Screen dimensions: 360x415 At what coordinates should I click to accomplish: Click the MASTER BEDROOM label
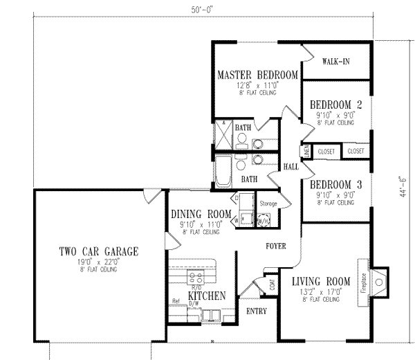(x=257, y=75)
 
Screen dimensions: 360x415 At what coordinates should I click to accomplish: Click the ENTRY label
(x=257, y=312)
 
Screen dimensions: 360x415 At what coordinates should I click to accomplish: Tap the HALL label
(x=291, y=167)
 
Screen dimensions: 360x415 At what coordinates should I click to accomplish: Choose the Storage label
(x=268, y=203)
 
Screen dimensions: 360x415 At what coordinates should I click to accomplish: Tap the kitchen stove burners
(x=192, y=275)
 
